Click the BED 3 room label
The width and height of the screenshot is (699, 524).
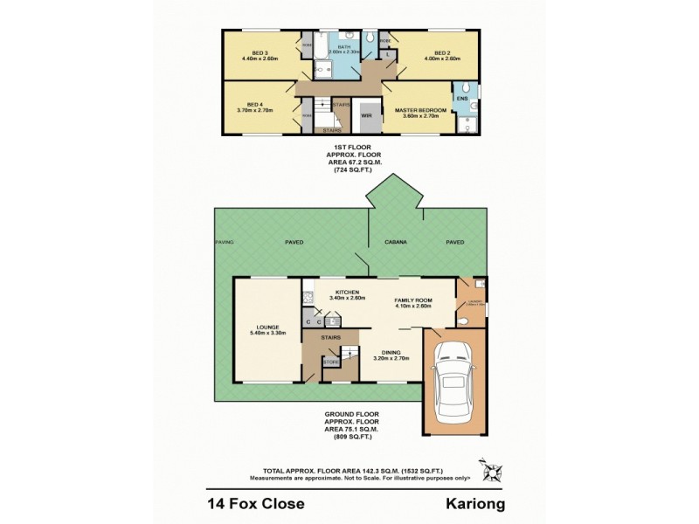pos(259,53)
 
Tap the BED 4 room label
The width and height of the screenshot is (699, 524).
pos(254,103)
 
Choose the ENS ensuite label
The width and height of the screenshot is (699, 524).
pos(462,100)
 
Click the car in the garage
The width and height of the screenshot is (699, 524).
pos(453,381)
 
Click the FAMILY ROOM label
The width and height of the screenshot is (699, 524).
pos(414,300)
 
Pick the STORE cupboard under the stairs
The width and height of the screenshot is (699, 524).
pos(331,362)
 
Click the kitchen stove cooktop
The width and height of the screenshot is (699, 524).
pos(308,298)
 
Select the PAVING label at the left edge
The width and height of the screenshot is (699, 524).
pos(225,243)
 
